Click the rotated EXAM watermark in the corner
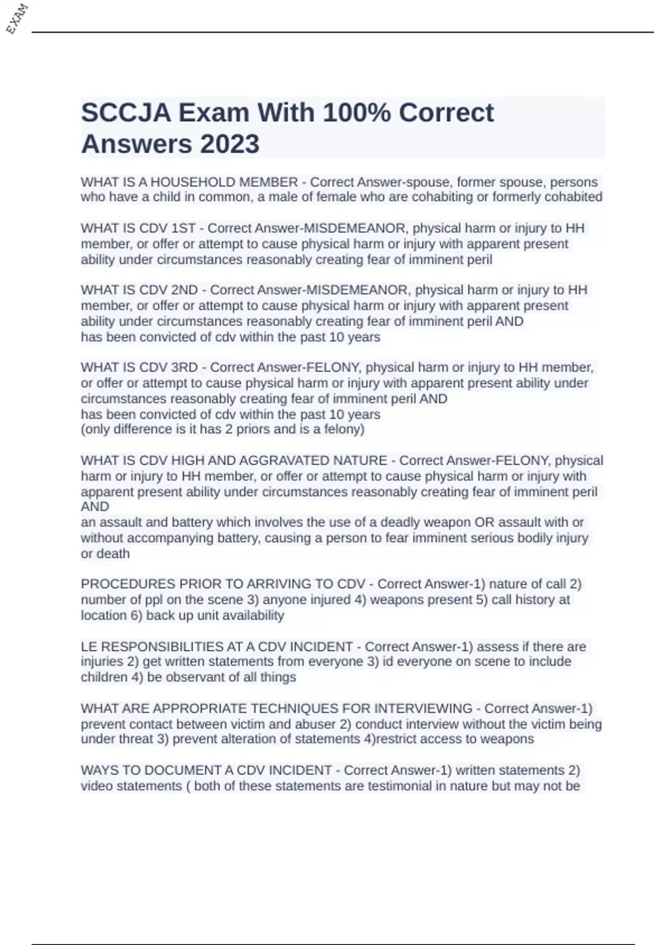(x=17, y=19)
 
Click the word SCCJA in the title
(x=126, y=113)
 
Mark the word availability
(x=250, y=615)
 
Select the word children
(x=104, y=677)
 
